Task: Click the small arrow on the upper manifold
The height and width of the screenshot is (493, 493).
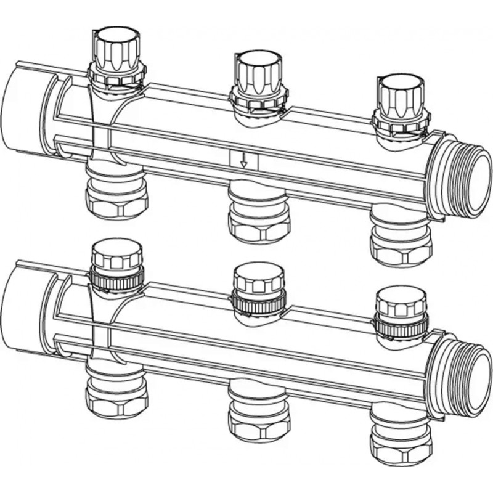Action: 244,161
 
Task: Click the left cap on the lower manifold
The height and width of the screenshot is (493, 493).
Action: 116,254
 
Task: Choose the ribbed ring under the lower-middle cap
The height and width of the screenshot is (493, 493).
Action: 259,301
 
